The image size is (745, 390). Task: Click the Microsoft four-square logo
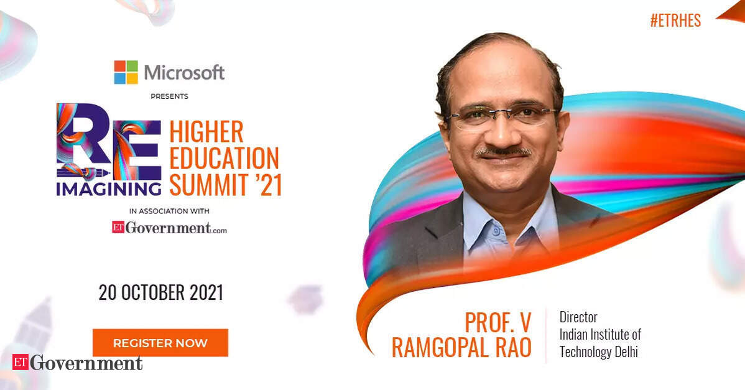(126, 72)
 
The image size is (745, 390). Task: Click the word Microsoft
(184, 73)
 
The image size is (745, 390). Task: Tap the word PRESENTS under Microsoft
(170, 96)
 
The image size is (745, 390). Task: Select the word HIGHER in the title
(206, 132)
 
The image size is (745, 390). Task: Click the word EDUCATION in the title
(224, 159)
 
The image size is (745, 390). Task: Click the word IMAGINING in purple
(109, 189)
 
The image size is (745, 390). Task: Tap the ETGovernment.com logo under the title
(170, 228)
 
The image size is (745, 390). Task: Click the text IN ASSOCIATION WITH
(169, 211)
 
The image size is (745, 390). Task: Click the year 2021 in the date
(206, 292)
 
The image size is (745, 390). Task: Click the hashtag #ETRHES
(675, 21)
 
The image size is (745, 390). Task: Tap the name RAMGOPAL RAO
(461, 348)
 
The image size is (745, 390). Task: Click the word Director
(578, 317)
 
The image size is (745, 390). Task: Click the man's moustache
(504, 152)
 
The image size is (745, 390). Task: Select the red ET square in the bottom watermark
(21, 362)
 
